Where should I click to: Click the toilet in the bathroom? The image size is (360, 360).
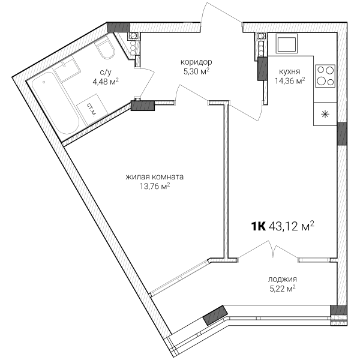click(x=105, y=49)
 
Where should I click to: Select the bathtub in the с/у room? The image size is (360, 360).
click(x=56, y=103)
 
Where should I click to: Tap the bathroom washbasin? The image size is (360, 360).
click(x=67, y=69)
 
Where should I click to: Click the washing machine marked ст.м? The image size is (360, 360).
click(x=92, y=110)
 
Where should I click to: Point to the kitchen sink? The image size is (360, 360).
click(x=287, y=43)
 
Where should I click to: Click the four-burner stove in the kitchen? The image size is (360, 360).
click(x=325, y=76)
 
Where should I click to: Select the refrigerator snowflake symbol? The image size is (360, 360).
click(x=325, y=114)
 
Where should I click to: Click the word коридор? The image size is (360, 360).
click(x=196, y=62)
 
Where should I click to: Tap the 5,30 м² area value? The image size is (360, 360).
click(x=196, y=71)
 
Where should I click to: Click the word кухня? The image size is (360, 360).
click(x=290, y=71)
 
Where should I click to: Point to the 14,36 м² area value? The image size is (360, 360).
click(x=290, y=81)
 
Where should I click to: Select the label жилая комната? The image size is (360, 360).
click(x=155, y=177)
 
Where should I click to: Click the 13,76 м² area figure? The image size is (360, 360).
click(x=155, y=186)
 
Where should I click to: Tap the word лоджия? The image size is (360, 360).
click(x=283, y=280)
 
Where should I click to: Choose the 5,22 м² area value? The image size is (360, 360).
click(x=283, y=289)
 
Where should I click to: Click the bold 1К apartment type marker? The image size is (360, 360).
click(x=258, y=227)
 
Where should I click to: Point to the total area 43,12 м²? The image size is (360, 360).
click(x=291, y=226)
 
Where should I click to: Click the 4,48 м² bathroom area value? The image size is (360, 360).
click(x=106, y=82)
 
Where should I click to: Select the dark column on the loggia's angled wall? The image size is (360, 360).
click(x=215, y=316)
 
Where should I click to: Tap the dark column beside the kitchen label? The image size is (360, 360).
click(x=262, y=68)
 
